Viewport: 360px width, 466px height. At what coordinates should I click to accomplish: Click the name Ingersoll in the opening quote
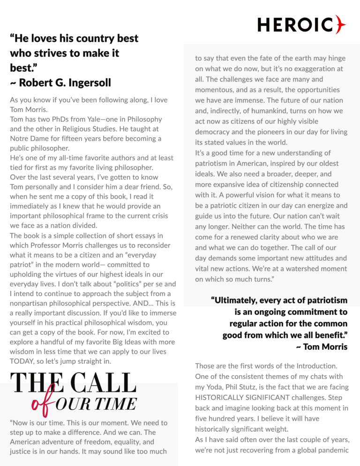pos(89,83)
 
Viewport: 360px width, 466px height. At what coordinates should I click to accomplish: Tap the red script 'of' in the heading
pos(40,404)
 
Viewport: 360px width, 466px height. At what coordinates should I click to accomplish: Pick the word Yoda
pos(216,387)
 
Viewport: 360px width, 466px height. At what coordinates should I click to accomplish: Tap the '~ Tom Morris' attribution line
pos(322,347)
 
